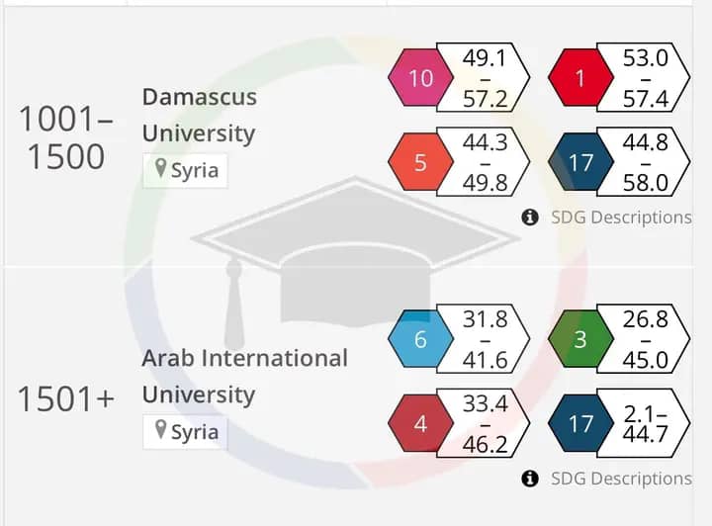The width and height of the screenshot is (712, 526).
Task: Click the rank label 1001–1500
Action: pos(66,138)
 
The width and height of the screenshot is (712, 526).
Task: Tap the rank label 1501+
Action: pos(66,398)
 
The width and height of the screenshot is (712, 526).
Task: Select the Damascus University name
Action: pos(199,115)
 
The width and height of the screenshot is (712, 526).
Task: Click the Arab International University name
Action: pos(244,376)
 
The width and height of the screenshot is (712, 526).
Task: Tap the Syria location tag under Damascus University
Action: pos(185,170)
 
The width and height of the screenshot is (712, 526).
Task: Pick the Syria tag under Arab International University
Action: pos(185,432)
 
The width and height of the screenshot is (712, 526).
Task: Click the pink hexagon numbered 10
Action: pos(420,77)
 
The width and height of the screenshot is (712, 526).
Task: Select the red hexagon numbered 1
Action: pos(580,77)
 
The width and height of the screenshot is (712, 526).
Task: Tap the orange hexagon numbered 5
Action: pos(420,162)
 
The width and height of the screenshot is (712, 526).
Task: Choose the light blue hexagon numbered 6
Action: pos(420,339)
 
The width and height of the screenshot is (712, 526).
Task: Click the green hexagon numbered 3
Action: pos(580,339)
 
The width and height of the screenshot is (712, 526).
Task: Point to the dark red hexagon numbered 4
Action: pos(420,424)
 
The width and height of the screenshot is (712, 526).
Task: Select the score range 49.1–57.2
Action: pos(484,77)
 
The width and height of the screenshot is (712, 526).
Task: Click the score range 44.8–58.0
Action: pos(646,162)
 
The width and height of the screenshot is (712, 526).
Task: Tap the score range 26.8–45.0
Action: pos(646,339)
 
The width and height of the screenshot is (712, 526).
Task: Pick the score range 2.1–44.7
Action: pos(646,424)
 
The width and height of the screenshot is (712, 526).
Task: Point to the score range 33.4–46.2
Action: pos(484,424)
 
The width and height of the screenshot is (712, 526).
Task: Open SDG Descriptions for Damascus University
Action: pos(620,218)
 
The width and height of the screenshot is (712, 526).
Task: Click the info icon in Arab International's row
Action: pos(530,479)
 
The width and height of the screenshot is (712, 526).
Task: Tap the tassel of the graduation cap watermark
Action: pos(234,307)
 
